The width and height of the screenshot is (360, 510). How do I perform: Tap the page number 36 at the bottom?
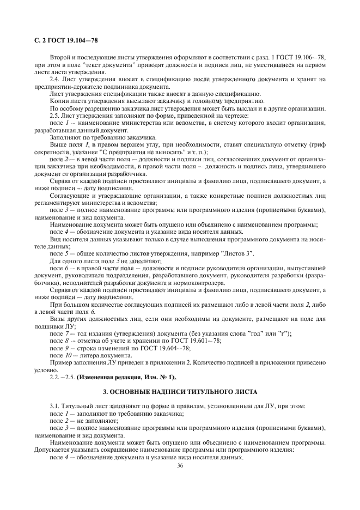pos(180,465)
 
